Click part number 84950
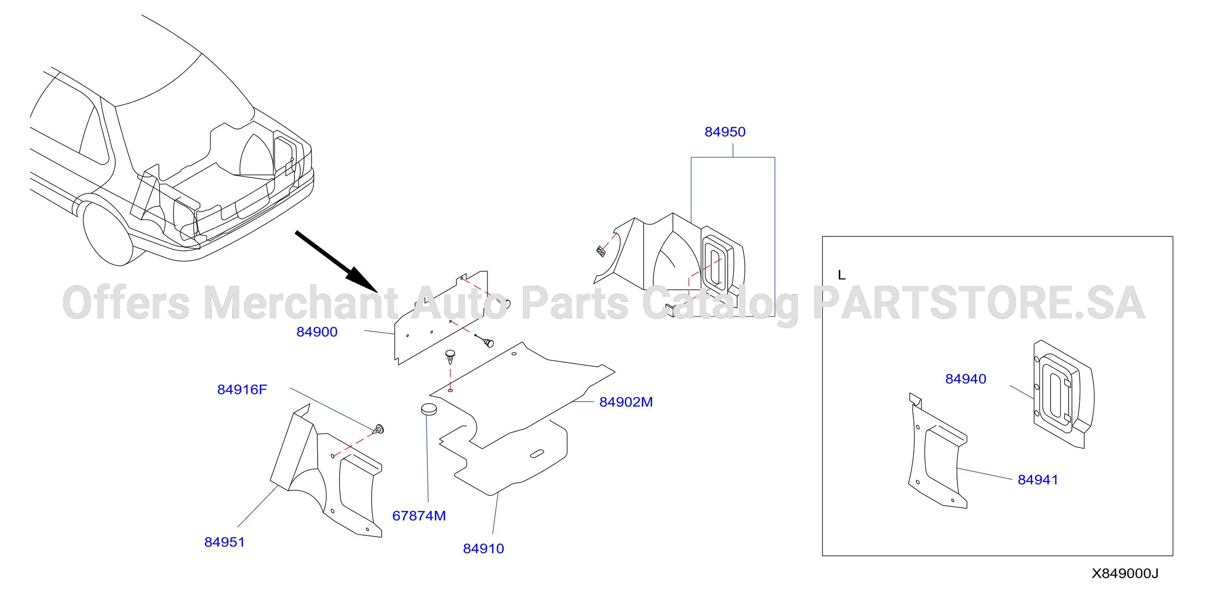click(x=725, y=132)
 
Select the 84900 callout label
click(x=317, y=332)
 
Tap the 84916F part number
click(x=242, y=389)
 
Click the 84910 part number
click(x=483, y=549)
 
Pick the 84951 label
click(x=224, y=542)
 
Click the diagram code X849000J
click(x=1125, y=573)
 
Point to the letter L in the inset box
click(x=841, y=275)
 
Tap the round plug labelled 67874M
click(x=429, y=409)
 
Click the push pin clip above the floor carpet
click(x=450, y=356)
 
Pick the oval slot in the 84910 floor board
click(x=536, y=454)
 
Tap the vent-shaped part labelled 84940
click(x=1063, y=394)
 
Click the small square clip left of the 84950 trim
click(x=600, y=251)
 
